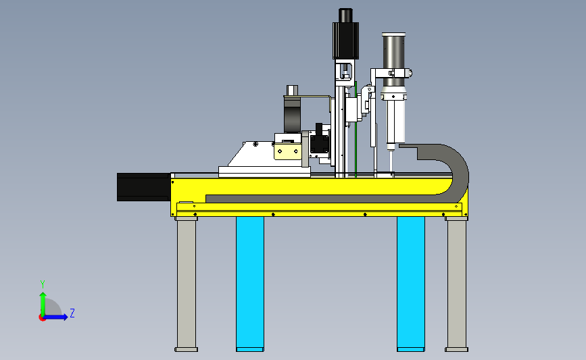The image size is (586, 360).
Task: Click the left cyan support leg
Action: pyautogui.click(x=249, y=284)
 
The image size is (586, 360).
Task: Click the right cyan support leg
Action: pyautogui.click(x=411, y=284)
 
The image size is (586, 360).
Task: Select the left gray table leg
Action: pyautogui.click(x=186, y=284)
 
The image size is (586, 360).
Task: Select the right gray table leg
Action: pyautogui.click(x=456, y=284)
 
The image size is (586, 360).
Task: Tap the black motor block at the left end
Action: pyautogui.click(x=144, y=186)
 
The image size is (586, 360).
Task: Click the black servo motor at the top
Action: pyautogui.click(x=345, y=34)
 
